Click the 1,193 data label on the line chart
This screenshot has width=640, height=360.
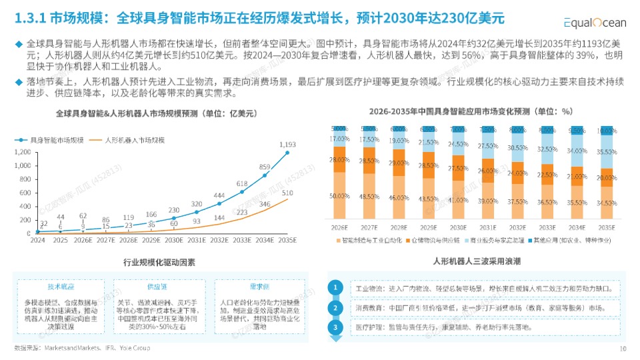(287, 144)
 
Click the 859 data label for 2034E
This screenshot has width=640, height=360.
(265, 167)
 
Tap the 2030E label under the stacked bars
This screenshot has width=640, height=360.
(458, 227)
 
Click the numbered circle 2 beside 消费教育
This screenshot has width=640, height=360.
(337, 308)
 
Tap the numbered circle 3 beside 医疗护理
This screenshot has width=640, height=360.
(337, 327)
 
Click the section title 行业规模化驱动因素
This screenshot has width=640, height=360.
(159, 262)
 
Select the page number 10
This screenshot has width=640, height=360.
(623, 348)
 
